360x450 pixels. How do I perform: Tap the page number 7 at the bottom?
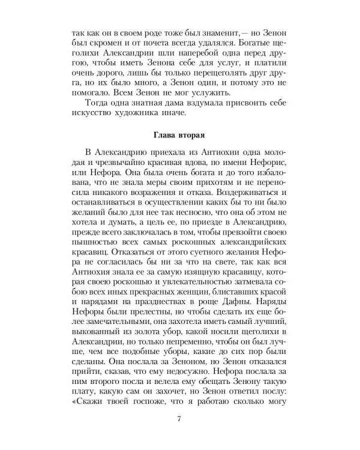179,418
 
